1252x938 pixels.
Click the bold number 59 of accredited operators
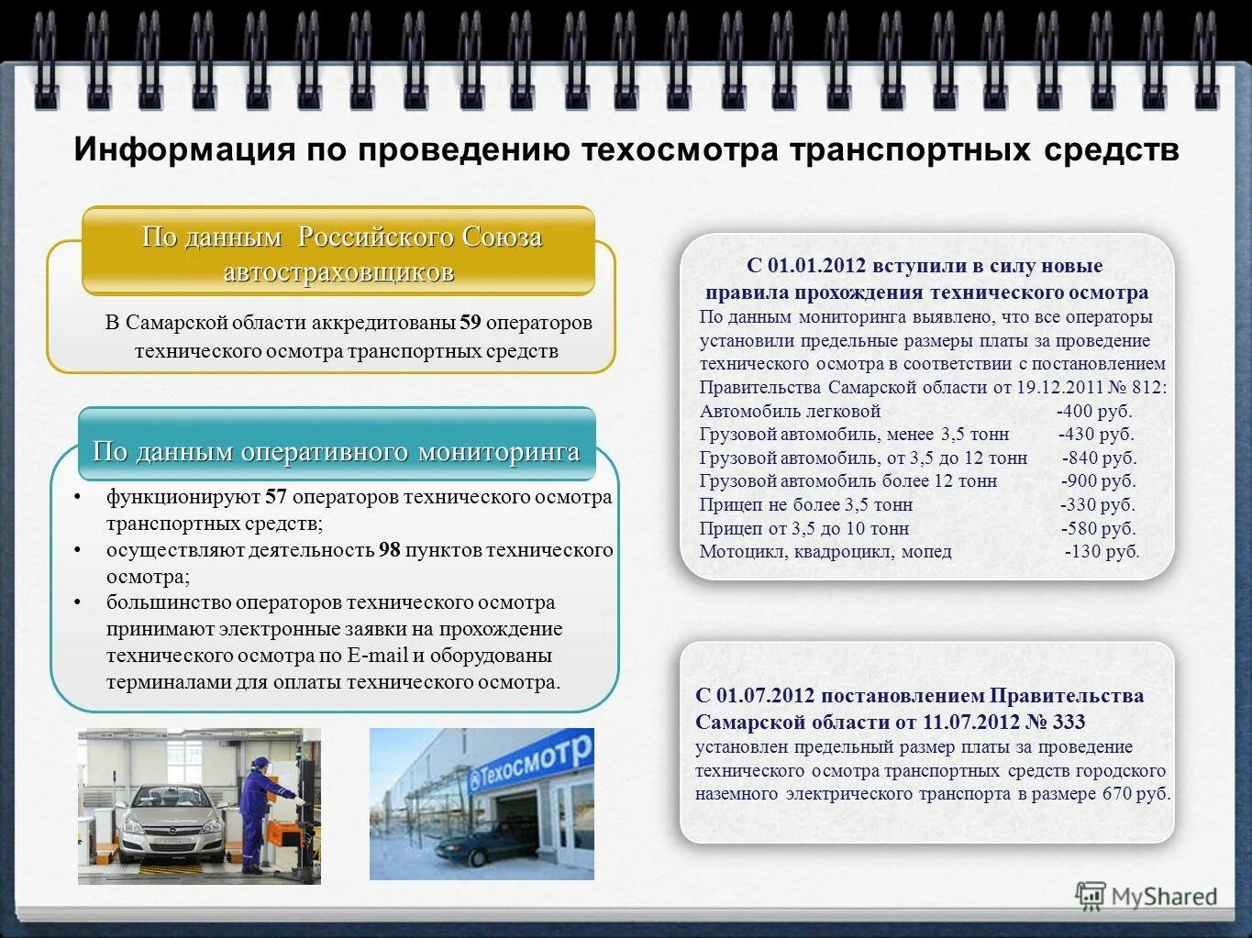point(471,323)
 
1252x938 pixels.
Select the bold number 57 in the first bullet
point(276,498)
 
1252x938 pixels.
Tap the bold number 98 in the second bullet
point(390,550)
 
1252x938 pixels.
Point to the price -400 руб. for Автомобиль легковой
point(1094,411)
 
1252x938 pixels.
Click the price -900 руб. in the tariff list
point(1098,481)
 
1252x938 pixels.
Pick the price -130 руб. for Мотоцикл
point(1102,552)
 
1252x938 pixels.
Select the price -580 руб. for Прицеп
point(1098,529)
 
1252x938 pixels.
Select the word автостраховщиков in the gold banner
point(338,272)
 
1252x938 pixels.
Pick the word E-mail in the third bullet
point(377,656)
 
